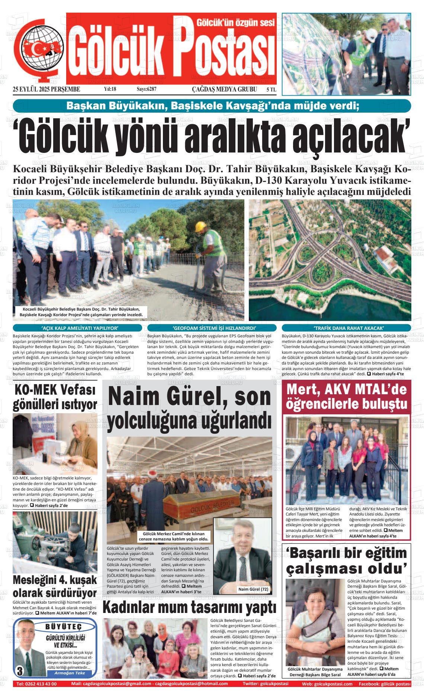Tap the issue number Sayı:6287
tap(147, 89)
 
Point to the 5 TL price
tap(271, 90)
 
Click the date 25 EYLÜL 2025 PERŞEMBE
tap(46, 89)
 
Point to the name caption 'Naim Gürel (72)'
tap(253, 589)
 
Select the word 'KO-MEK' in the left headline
tap(36, 390)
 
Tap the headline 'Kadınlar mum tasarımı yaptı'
tap(189, 608)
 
